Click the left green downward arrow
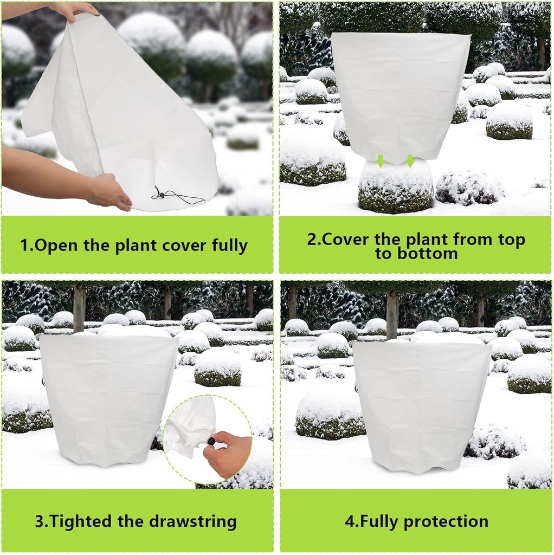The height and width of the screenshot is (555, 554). tap(381, 160)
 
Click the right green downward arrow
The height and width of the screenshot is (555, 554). tap(410, 160)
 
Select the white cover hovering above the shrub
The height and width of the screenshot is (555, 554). tap(400, 95)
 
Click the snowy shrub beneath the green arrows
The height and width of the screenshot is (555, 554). tap(396, 187)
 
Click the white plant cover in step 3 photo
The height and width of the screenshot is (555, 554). tap(108, 398)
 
